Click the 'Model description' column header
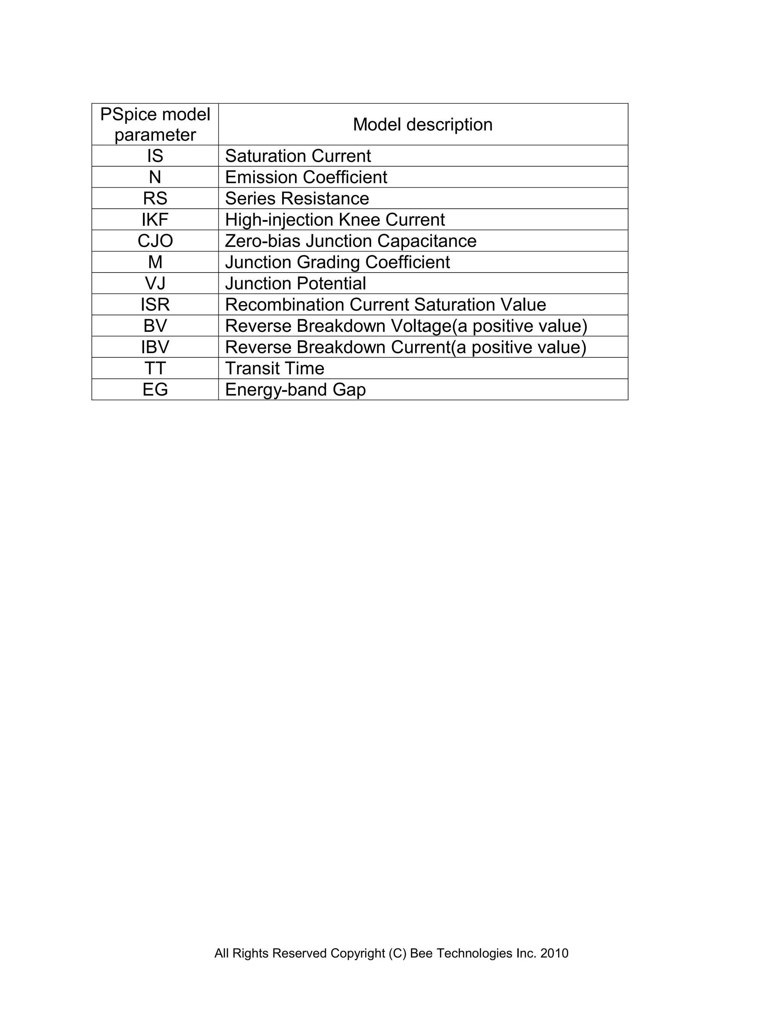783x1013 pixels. tap(422, 124)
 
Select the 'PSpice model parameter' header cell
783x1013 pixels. tap(155, 124)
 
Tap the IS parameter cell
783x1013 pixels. tap(155, 156)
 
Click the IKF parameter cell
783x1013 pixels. tap(155, 220)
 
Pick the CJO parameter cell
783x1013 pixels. tap(155, 241)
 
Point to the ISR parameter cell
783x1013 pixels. tap(155, 305)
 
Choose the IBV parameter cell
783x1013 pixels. tap(155, 347)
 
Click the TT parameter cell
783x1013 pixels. tap(155, 368)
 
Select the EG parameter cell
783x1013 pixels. tap(155, 390)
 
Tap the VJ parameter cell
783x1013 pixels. tap(155, 283)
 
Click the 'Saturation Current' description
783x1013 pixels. tap(298, 156)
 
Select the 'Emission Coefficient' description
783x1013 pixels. tap(306, 177)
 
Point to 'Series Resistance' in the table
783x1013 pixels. tap(297, 198)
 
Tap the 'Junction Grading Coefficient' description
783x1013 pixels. tap(337, 263)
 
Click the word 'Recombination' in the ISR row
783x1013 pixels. tap(284, 305)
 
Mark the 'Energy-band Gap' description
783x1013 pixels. tap(295, 390)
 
